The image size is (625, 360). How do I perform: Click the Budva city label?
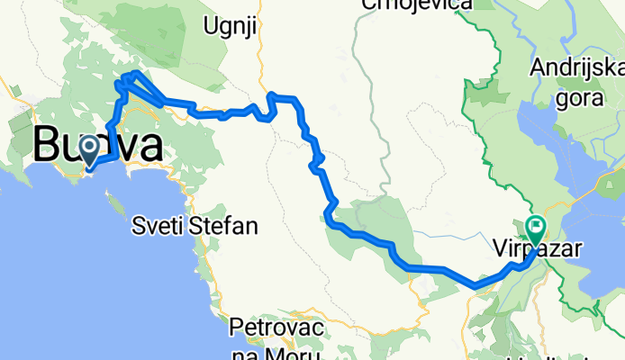(x=99, y=146)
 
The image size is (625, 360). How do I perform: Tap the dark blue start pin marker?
(x=91, y=149)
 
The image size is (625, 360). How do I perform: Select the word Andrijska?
(x=577, y=67)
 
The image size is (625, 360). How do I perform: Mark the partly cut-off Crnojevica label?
(x=416, y=4)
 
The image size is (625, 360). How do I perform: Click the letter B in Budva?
(x=47, y=146)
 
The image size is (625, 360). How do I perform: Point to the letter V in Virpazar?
(x=502, y=244)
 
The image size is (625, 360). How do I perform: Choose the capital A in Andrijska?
(x=539, y=67)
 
